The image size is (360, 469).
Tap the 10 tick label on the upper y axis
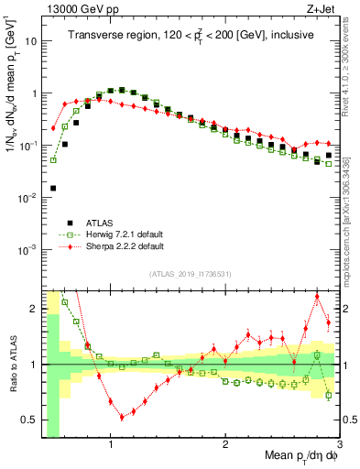30,41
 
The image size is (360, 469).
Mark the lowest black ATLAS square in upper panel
53,188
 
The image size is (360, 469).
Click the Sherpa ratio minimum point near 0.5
122,417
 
